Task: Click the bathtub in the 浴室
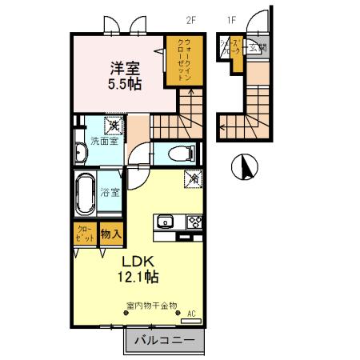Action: click(x=85, y=195)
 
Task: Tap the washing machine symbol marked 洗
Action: click(x=115, y=126)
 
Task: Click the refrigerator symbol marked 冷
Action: click(x=192, y=180)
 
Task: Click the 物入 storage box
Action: click(x=111, y=235)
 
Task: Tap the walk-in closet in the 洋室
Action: click(x=181, y=60)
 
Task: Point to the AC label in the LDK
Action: click(x=191, y=313)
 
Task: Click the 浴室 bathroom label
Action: click(x=110, y=192)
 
